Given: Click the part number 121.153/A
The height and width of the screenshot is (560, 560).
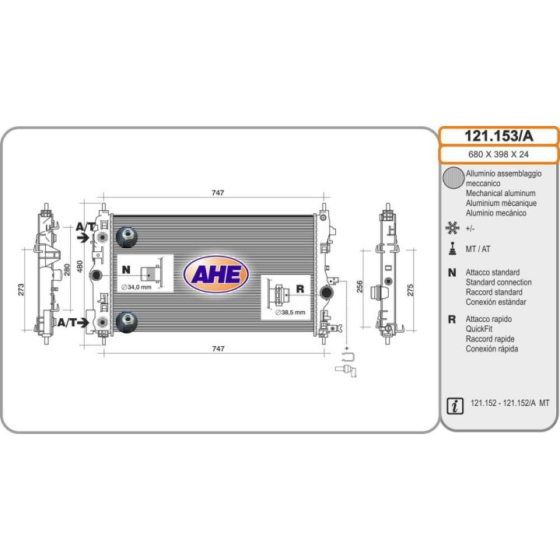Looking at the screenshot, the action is click(499, 136).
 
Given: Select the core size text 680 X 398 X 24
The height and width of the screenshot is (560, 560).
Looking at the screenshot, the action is click(499, 154).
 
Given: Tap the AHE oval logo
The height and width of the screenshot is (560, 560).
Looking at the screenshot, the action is click(216, 275).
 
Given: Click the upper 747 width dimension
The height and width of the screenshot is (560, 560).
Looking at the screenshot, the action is click(218, 193).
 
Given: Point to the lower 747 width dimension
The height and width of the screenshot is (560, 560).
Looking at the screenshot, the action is click(219, 348).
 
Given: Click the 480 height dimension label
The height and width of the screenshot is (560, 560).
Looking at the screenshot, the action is click(79, 267).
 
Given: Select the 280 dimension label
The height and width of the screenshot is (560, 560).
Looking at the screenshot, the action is click(67, 270).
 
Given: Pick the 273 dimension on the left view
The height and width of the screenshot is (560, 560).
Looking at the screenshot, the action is click(21, 289).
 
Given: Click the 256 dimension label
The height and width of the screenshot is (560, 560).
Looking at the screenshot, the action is click(359, 286).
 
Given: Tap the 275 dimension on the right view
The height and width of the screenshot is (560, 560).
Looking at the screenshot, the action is click(411, 290).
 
